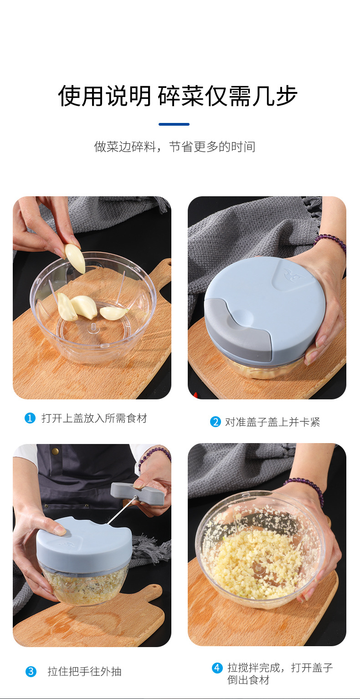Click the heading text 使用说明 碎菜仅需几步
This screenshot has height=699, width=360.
pyautogui.click(x=178, y=96)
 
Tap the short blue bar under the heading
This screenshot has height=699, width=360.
pyautogui.click(x=174, y=124)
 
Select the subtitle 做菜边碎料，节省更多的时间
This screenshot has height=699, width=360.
pyautogui.click(x=175, y=147)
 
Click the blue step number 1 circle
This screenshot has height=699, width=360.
pyautogui.click(x=30, y=418)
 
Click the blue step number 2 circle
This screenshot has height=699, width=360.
pyautogui.click(x=215, y=422)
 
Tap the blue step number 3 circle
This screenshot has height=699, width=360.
pyautogui.click(x=31, y=671)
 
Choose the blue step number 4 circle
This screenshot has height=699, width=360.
pyautogui.click(x=217, y=668)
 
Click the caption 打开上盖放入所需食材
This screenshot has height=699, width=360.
pyautogui.click(x=94, y=418)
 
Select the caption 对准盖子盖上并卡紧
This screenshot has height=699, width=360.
pyautogui.click(x=273, y=422)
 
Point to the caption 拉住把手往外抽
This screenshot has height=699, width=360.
pyautogui.click(x=84, y=671)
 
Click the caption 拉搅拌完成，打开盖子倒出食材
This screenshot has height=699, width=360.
pyautogui.click(x=280, y=673)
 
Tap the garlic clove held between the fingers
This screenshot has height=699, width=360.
pyautogui.click(x=75, y=259)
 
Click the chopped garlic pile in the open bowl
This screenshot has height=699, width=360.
pyautogui.click(x=255, y=562)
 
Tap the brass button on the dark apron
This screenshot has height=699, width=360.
pyautogui.click(x=55, y=451)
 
